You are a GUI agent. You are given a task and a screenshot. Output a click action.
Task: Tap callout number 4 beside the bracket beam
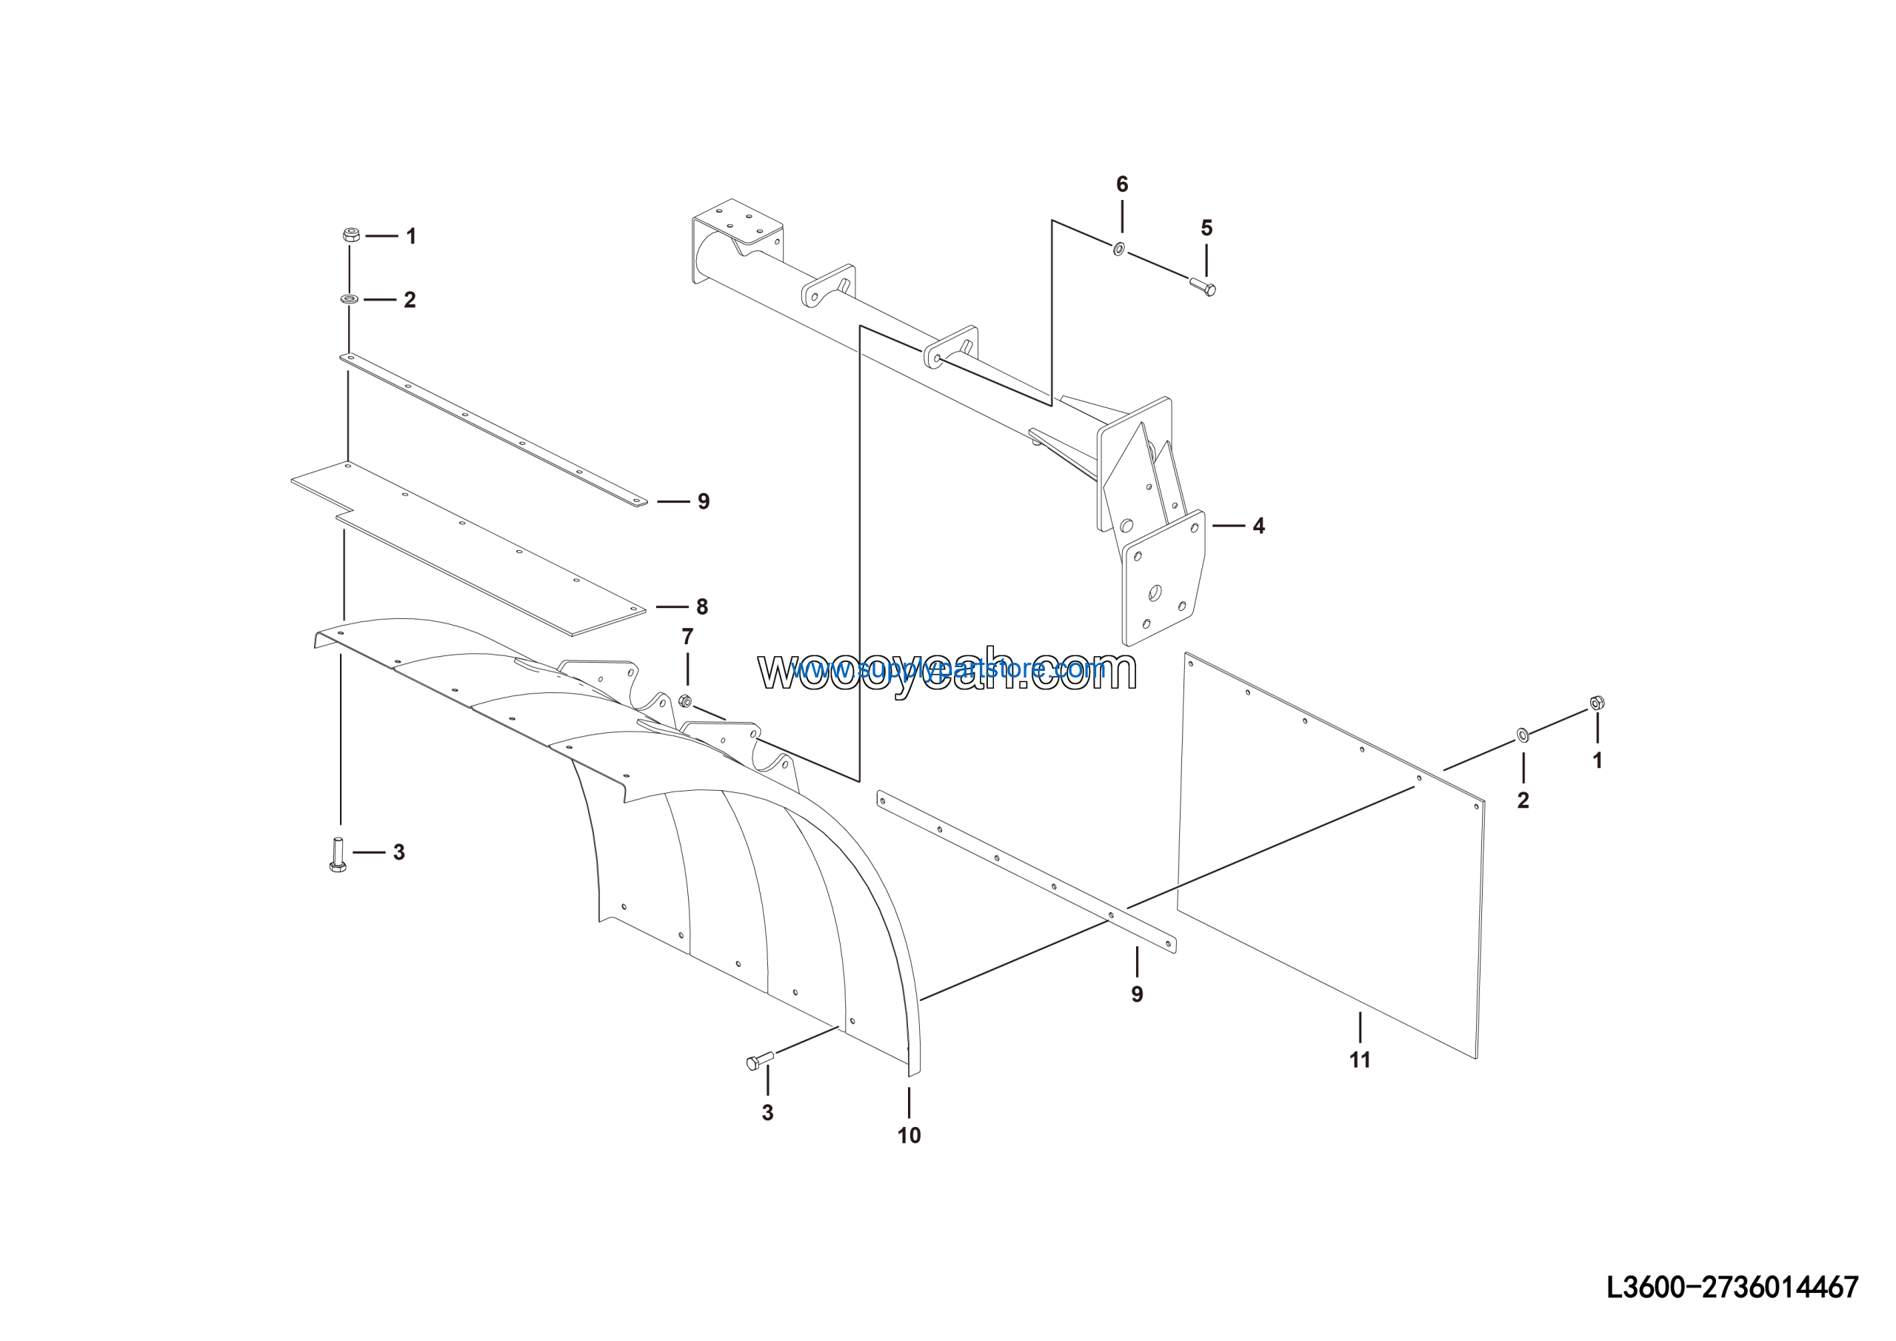tap(1258, 526)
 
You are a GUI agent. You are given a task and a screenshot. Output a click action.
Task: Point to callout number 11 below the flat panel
tap(1359, 1060)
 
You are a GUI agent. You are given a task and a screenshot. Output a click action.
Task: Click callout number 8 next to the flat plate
tap(702, 607)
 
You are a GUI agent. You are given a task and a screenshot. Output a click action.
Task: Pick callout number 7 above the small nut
tap(687, 637)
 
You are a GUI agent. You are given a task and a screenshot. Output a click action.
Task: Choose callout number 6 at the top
tap(1121, 184)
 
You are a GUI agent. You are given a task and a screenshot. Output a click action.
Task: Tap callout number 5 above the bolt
tap(1206, 228)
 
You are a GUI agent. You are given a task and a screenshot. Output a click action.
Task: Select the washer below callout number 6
tap(1119, 248)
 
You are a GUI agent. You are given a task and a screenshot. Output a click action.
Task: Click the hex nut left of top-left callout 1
tap(350, 235)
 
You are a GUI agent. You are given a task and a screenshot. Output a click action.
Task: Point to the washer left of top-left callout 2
tap(349, 298)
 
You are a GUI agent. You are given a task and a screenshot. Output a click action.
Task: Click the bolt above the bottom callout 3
tap(759, 1061)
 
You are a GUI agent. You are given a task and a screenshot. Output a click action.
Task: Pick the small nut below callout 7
tap(684, 701)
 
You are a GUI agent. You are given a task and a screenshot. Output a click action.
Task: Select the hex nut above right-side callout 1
tap(1597, 703)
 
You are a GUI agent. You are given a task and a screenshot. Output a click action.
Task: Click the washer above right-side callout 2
tap(1523, 734)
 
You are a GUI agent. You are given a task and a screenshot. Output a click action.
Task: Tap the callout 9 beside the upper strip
tap(704, 501)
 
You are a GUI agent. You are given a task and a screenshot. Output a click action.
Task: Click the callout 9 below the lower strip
tap(1137, 994)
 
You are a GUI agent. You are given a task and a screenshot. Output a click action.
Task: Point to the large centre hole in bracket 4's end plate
tap(1155, 592)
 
